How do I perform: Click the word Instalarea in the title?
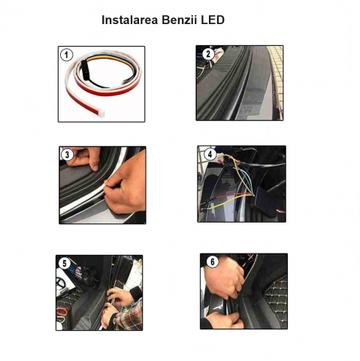pos(129,20)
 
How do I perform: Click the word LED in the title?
pos(213,20)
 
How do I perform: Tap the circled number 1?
pos(66,55)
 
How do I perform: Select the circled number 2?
pos(208,53)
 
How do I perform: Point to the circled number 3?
pos(67,154)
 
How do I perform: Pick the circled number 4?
pos(210,154)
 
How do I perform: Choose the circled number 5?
pos(65,263)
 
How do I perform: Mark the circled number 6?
pos(213,262)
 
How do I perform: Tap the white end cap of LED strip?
pos(101,114)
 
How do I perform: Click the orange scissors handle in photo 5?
pos(62,311)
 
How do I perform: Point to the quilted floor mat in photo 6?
pos(276,300)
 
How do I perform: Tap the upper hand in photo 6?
pos(224,278)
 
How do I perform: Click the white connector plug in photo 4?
pos(221,158)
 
